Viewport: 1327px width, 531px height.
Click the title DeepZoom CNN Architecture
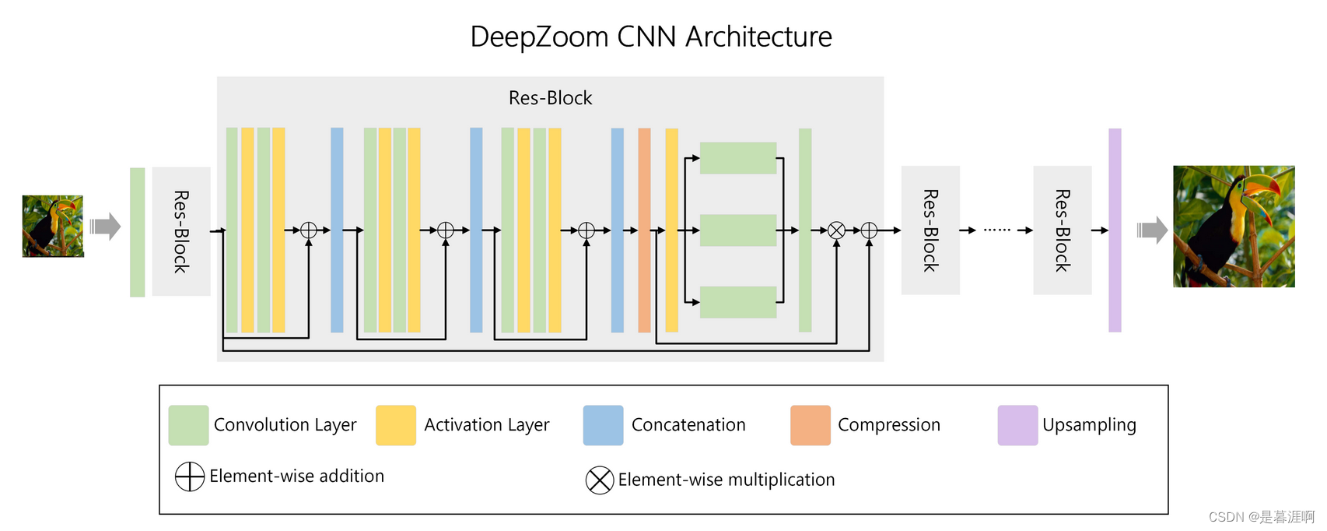point(651,37)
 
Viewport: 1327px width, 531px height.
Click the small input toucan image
point(53,227)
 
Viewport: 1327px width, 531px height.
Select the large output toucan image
point(1234,227)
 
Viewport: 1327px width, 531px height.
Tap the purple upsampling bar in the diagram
point(1115,230)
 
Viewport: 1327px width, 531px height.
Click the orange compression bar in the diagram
point(644,230)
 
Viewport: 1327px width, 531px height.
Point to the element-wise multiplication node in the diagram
point(836,230)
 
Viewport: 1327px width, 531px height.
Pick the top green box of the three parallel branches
point(738,158)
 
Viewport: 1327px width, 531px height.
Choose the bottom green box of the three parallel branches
point(738,302)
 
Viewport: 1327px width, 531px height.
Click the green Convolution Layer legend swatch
point(188,425)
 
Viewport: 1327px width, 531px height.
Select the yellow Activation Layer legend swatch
point(395,425)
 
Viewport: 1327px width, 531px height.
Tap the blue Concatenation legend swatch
point(603,425)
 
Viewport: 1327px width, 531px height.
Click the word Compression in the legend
point(889,425)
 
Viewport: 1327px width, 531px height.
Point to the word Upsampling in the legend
point(1089,425)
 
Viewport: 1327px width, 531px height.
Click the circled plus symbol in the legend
point(189,476)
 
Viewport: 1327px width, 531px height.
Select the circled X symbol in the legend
point(600,480)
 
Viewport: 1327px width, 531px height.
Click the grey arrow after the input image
point(105,227)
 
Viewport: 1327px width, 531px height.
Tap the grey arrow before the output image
point(1152,230)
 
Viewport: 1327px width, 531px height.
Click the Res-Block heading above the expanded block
point(550,98)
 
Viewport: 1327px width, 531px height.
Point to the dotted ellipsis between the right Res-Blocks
point(996,230)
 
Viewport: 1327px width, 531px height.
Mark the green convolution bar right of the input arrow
point(138,232)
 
